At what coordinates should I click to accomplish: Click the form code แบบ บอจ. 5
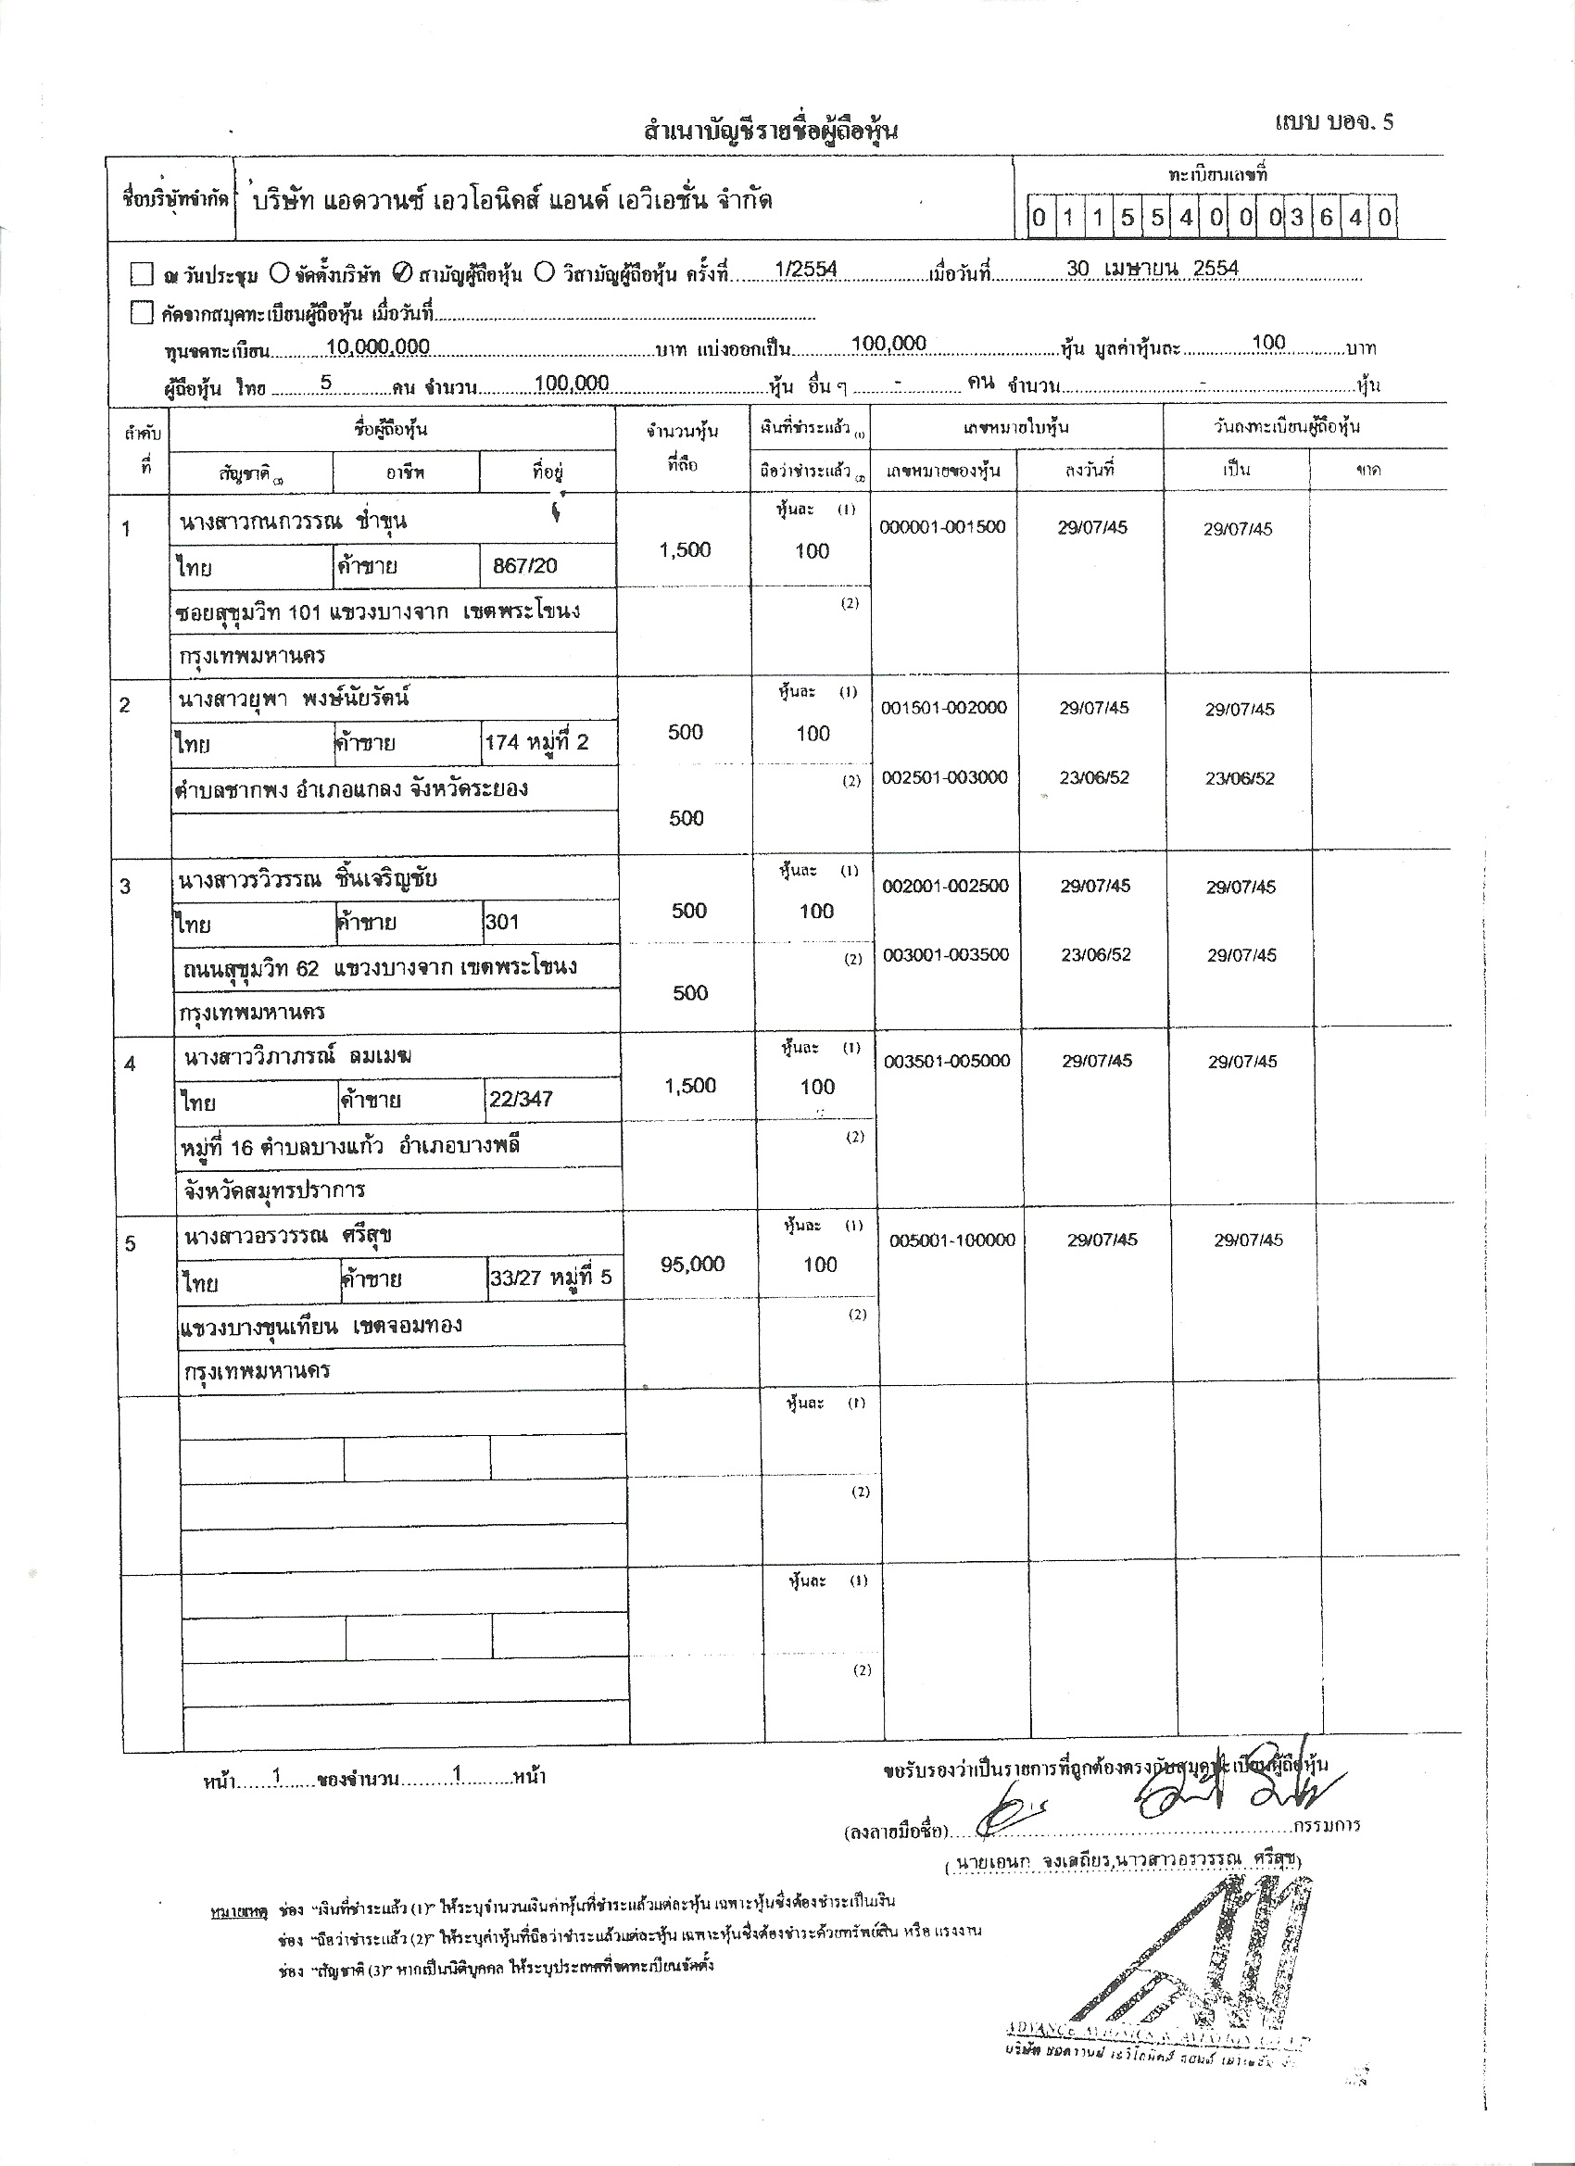[1333, 121]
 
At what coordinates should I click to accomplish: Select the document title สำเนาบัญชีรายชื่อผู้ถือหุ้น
[771, 131]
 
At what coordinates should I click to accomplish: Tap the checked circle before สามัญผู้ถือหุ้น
[402, 274]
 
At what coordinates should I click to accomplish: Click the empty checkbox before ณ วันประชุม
[142, 275]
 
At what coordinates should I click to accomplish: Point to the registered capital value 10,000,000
[377, 346]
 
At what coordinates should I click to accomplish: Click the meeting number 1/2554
[806, 270]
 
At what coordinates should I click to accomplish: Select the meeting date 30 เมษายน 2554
[1152, 269]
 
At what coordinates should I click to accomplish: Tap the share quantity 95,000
[692, 1265]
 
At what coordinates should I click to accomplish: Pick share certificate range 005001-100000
[952, 1240]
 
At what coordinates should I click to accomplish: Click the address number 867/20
[524, 565]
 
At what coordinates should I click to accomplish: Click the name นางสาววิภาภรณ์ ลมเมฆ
[298, 1056]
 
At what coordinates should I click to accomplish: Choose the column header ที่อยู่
[548, 472]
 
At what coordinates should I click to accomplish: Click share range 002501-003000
[944, 777]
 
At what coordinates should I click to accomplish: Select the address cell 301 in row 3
[502, 922]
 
